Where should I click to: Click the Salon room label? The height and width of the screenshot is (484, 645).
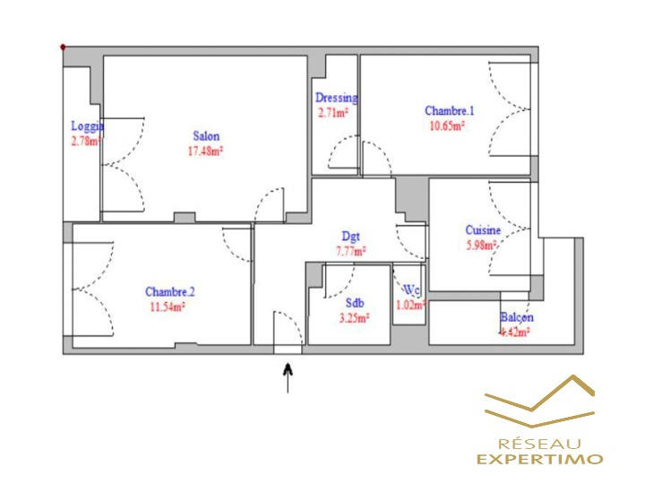tap(206, 136)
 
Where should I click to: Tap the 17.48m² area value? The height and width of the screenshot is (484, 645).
tap(205, 151)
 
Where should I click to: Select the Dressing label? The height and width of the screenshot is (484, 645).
tap(336, 98)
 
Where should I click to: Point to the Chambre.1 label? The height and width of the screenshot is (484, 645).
tap(449, 111)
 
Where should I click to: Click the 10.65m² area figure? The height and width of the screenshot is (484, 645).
tap(445, 125)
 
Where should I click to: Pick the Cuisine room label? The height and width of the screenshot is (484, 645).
tap(482, 230)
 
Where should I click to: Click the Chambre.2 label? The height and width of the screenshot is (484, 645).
tap(170, 291)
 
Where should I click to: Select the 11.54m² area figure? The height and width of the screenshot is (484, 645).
tap(167, 306)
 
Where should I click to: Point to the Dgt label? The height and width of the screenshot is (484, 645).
tap(350, 238)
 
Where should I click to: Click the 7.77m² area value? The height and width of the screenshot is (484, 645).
tap(350, 252)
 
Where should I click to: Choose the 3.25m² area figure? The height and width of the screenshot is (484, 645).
tap(352, 316)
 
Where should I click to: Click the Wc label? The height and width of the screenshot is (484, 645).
tap(411, 290)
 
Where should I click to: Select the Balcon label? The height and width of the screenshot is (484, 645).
tap(517, 317)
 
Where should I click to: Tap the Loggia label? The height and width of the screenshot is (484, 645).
tap(88, 126)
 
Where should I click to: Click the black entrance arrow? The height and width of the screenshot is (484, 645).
tap(288, 377)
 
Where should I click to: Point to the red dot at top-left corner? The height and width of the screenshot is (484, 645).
tap(63, 47)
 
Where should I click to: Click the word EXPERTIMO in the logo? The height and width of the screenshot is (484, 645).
tap(539, 459)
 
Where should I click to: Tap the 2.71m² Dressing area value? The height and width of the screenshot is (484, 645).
tap(333, 113)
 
